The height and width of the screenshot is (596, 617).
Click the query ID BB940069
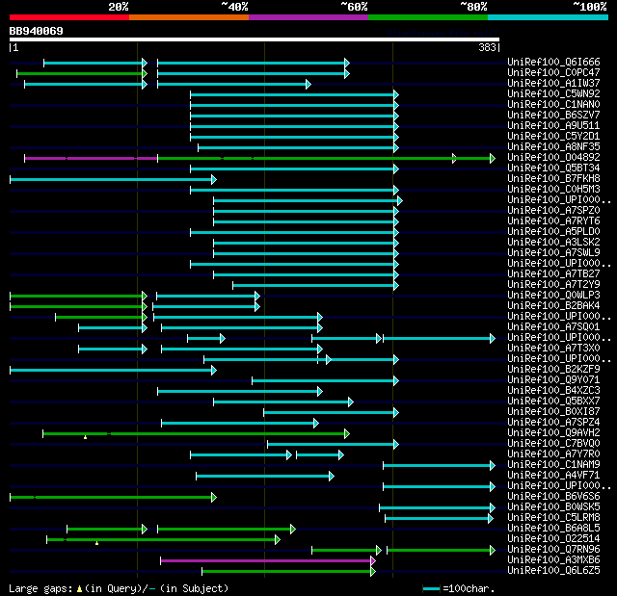click(x=37, y=31)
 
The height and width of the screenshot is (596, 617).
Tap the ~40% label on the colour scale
click(x=234, y=7)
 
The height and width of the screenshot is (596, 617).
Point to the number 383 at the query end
click(x=487, y=46)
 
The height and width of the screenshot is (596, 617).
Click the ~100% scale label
click(x=589, y=7)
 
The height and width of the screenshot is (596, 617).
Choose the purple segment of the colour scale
click(x=308, y=17)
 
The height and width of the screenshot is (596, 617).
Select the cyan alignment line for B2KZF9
click(x=111, y=369)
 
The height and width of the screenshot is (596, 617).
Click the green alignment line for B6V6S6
click(x=111, y=497)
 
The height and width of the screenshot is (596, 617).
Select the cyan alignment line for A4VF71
click(x=264, y=476)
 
